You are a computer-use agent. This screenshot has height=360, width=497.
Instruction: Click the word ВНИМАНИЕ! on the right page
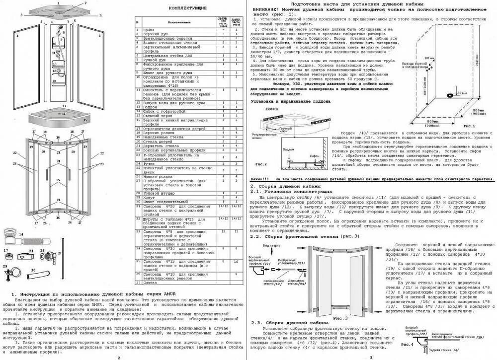coord(268,9)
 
